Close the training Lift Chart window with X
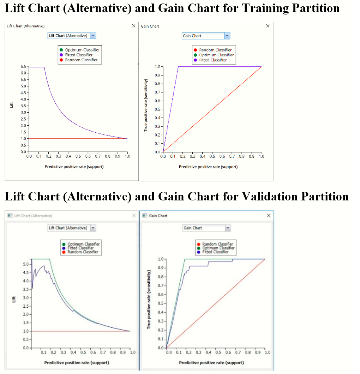(133, 26)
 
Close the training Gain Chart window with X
(268, 26)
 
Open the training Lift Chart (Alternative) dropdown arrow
(93, 36)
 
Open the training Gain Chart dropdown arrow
(227, 36)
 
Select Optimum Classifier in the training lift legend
(82, 50)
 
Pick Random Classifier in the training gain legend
(215, 50)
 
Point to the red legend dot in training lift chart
(61, 60)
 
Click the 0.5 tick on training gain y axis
(158, 109)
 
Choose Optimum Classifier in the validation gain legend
(218, 248)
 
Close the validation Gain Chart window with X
(269, 215)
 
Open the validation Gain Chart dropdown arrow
(228, 228)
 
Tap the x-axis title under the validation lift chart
(77, 362)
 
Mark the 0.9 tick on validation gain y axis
(161, 268)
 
